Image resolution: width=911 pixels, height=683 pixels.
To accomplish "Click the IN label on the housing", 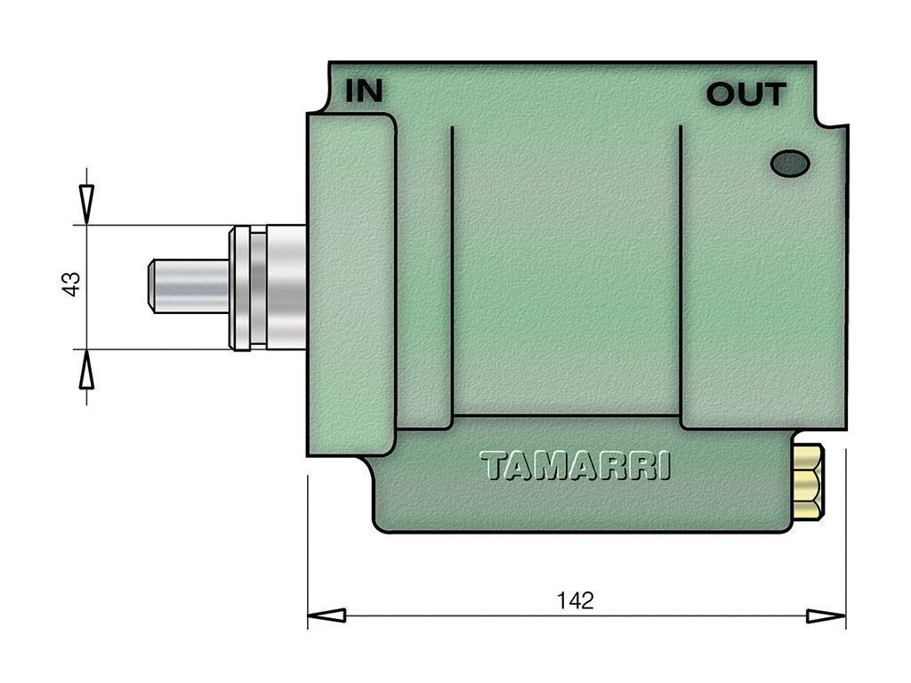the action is (x=364, y=91).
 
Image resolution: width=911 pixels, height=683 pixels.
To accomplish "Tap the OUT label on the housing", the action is (x=746, y=94).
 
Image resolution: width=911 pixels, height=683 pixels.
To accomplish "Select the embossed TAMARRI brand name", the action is (x=576, y=466).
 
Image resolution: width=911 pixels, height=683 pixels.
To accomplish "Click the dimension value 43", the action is (x=71, y=284).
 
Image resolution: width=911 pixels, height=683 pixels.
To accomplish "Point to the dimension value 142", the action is (x=576, y=600).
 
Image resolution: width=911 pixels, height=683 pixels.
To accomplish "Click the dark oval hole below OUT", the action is (x=790, y=164).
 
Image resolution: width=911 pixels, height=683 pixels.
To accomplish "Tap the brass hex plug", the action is (x=808, y=481).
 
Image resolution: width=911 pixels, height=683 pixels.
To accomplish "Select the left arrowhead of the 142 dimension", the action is (x=327, y=615).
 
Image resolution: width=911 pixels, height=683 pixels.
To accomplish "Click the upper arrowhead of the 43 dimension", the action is (x=86, y=205).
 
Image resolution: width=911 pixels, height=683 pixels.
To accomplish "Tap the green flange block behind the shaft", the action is (x=351, y=285).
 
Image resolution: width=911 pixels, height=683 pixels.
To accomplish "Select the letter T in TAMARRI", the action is (x=492, y=466).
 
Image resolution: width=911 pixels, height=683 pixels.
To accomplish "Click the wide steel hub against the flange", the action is (x=286, y=287).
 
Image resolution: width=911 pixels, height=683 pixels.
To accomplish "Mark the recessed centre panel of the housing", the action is (x=566, y=271).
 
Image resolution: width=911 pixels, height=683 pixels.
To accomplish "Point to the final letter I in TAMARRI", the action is (x=665, y=466).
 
